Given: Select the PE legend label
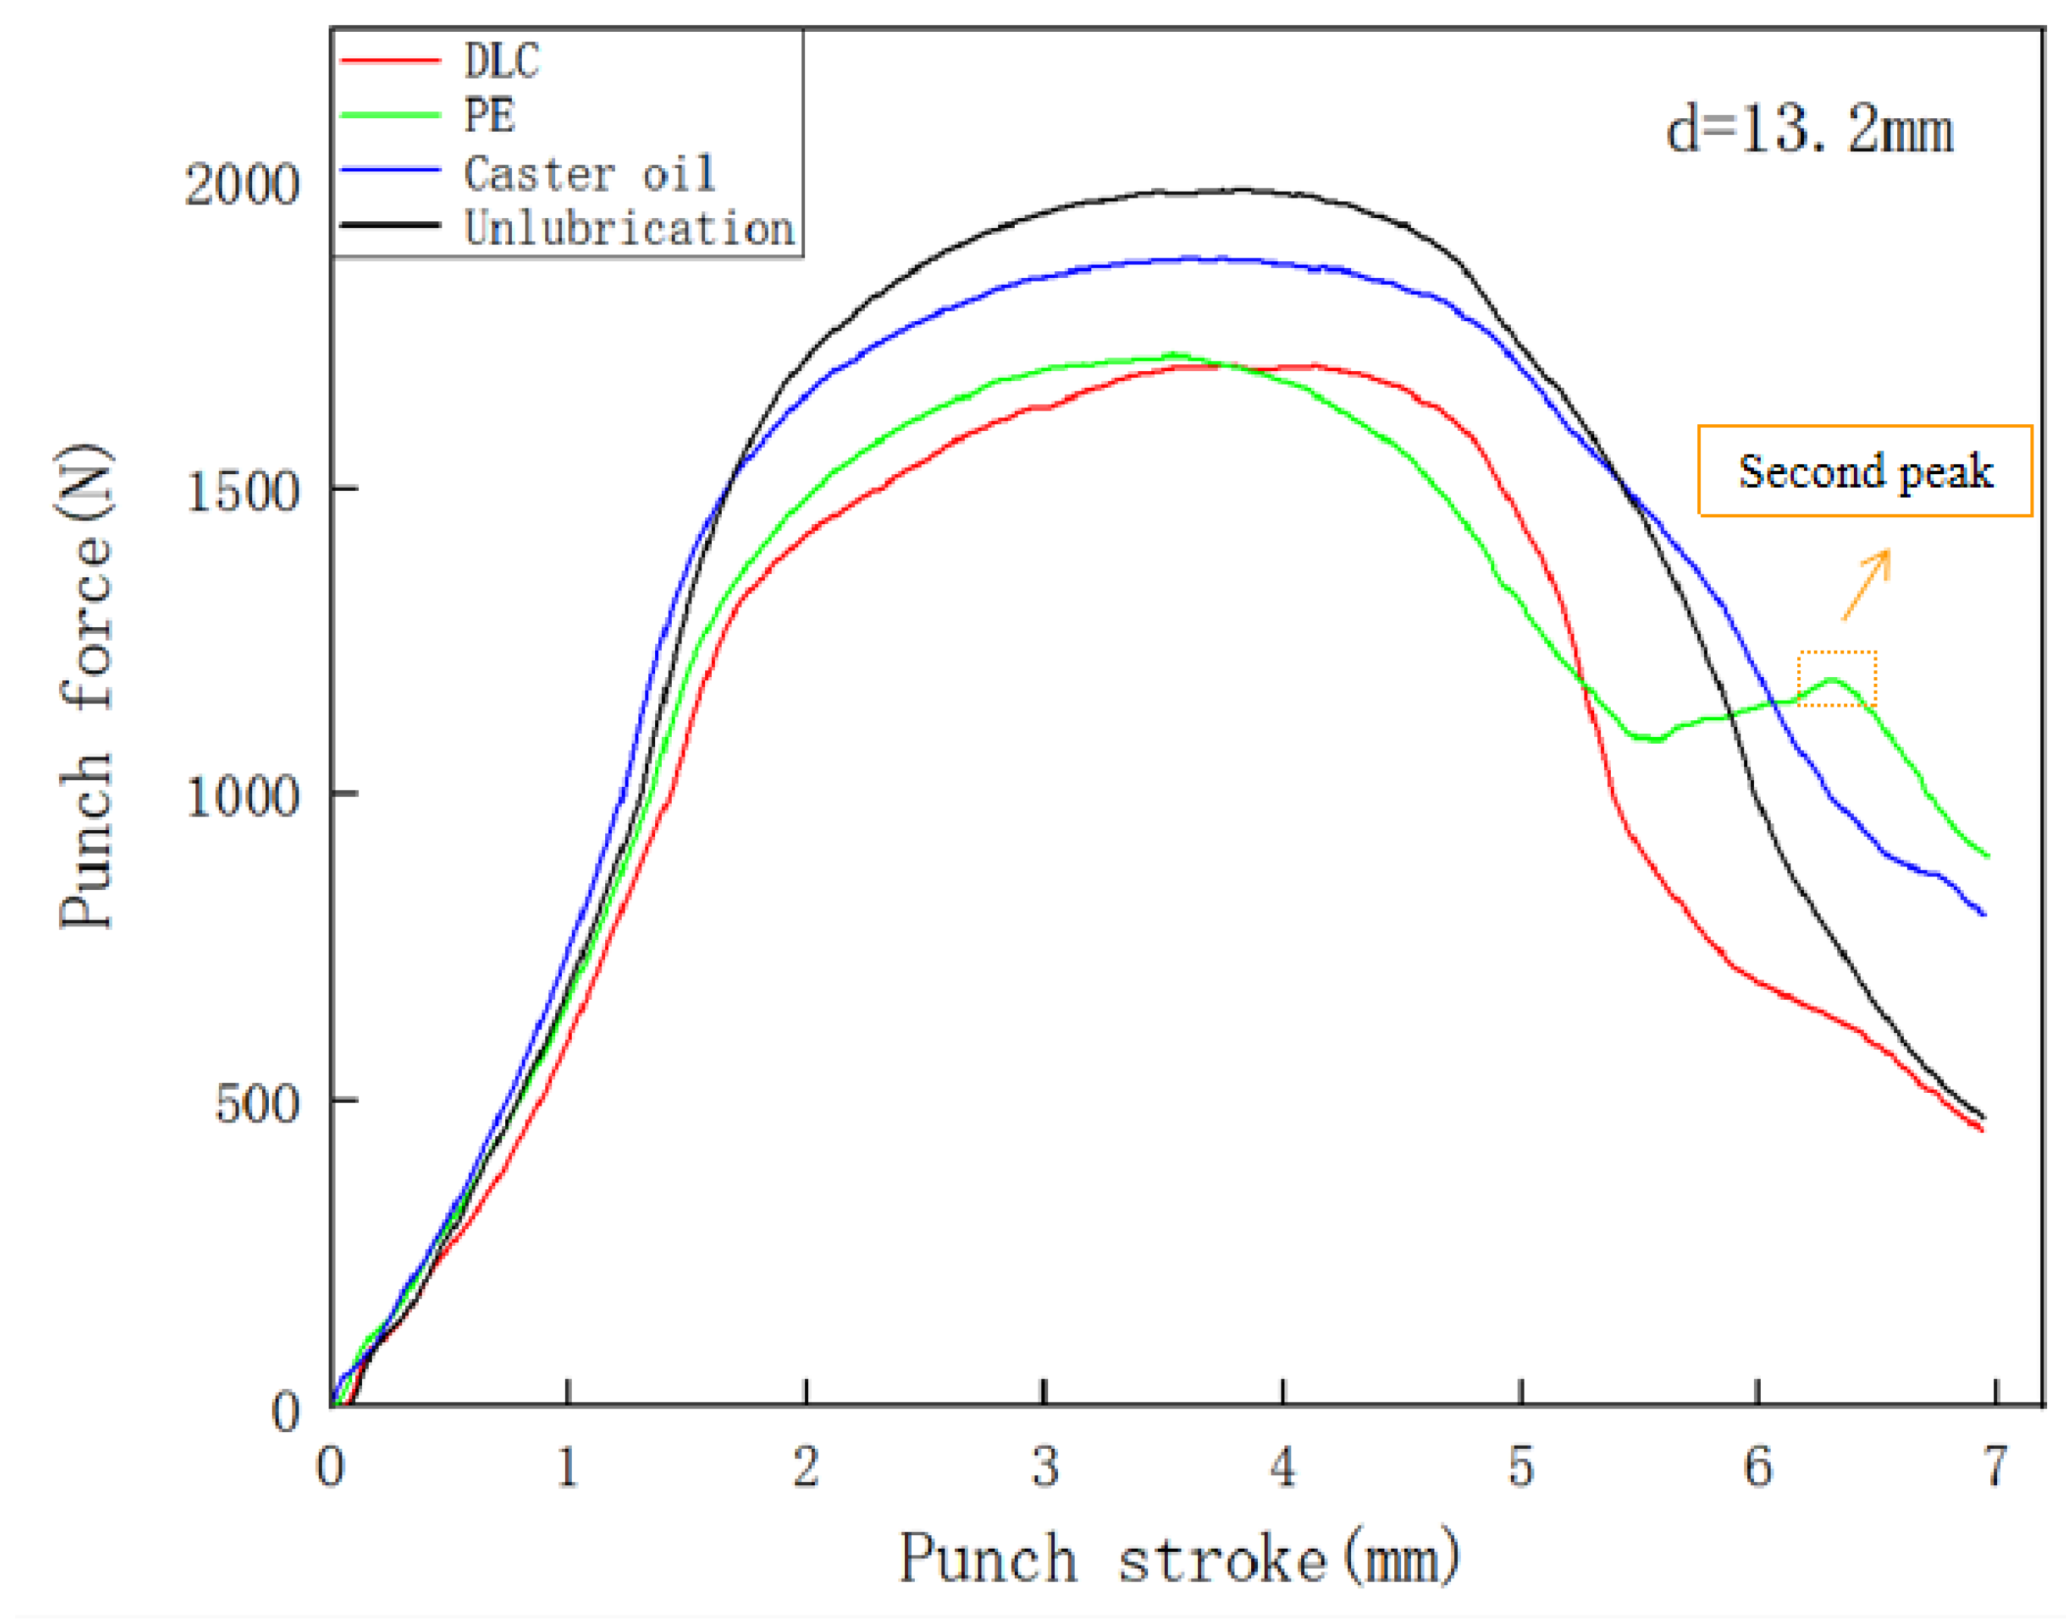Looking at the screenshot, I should [x=489, y=116].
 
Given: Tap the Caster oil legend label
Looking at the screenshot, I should [x=589, y=173].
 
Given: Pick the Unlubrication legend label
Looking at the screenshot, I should [x=629, y=229].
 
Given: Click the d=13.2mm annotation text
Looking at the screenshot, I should [x=1810, y=130].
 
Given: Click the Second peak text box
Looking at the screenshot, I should [x=1864, y=471].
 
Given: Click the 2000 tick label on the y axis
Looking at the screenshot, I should [x=242, y=184].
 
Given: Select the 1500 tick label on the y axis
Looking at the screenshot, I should [x=242, y=492].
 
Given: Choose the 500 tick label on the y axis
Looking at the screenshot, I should [x=256, y=1103].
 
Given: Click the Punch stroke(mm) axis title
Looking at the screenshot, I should [x=1179, y=1559].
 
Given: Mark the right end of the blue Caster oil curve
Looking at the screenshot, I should [x=1983, y=914].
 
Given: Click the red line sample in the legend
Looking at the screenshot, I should [x=391, y=61].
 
